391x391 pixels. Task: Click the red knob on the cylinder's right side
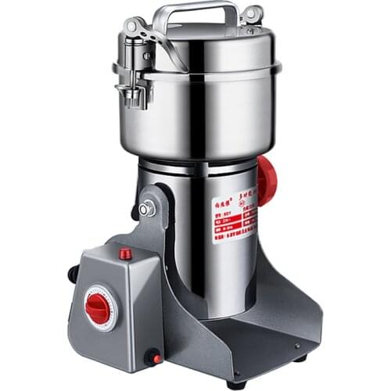[267, 181]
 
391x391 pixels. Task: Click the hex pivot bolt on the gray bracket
[145, 210]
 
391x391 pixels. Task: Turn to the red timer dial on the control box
[98, 308]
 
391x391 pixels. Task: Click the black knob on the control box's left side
[73, 273]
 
